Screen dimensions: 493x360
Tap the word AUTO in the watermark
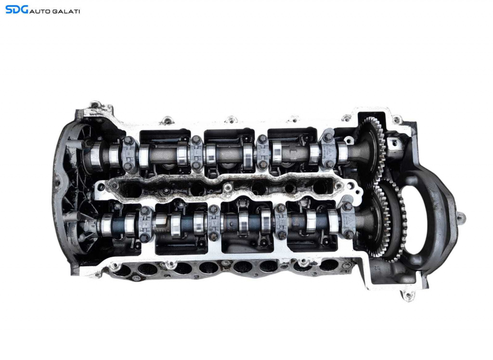click(x=39, y=12)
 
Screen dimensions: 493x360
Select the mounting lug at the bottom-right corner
click(x=408, y=295)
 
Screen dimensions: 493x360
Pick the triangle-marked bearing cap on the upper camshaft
click(x=328, y=151)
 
